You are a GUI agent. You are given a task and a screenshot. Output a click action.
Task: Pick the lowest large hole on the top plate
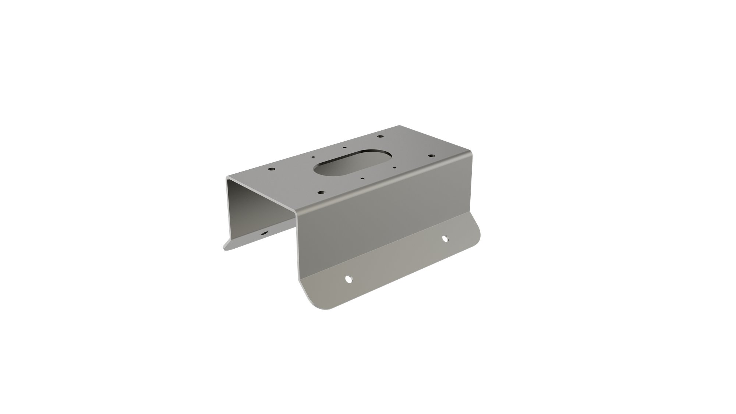click(321, 192)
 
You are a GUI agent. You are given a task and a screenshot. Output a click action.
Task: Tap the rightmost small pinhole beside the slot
click(394, 169)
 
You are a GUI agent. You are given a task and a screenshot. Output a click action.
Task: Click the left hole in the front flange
click(348, 279)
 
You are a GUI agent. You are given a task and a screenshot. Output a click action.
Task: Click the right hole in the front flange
click(446, 238)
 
